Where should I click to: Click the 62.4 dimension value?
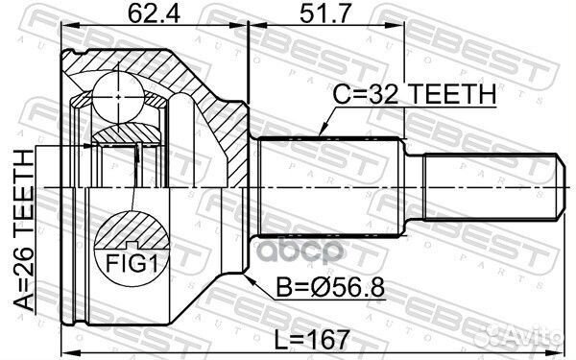(x=154, y=14)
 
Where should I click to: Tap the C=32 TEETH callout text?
(x=414, y=94)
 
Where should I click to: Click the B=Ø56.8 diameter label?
(x=330, y=287)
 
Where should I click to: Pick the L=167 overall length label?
(x=311, y=340)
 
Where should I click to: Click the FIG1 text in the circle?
(x=132, y=263)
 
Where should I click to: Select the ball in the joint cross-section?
(x=118, y=97)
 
